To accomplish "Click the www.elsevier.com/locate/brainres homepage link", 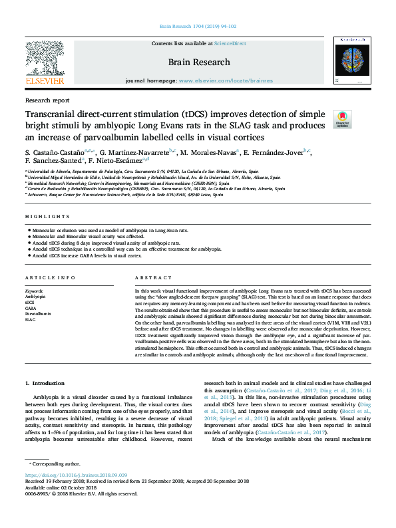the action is (216, 80).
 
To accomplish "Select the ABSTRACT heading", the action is (148, 277).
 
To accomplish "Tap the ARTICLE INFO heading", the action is (50, 277).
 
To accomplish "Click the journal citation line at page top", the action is (198, 27).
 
